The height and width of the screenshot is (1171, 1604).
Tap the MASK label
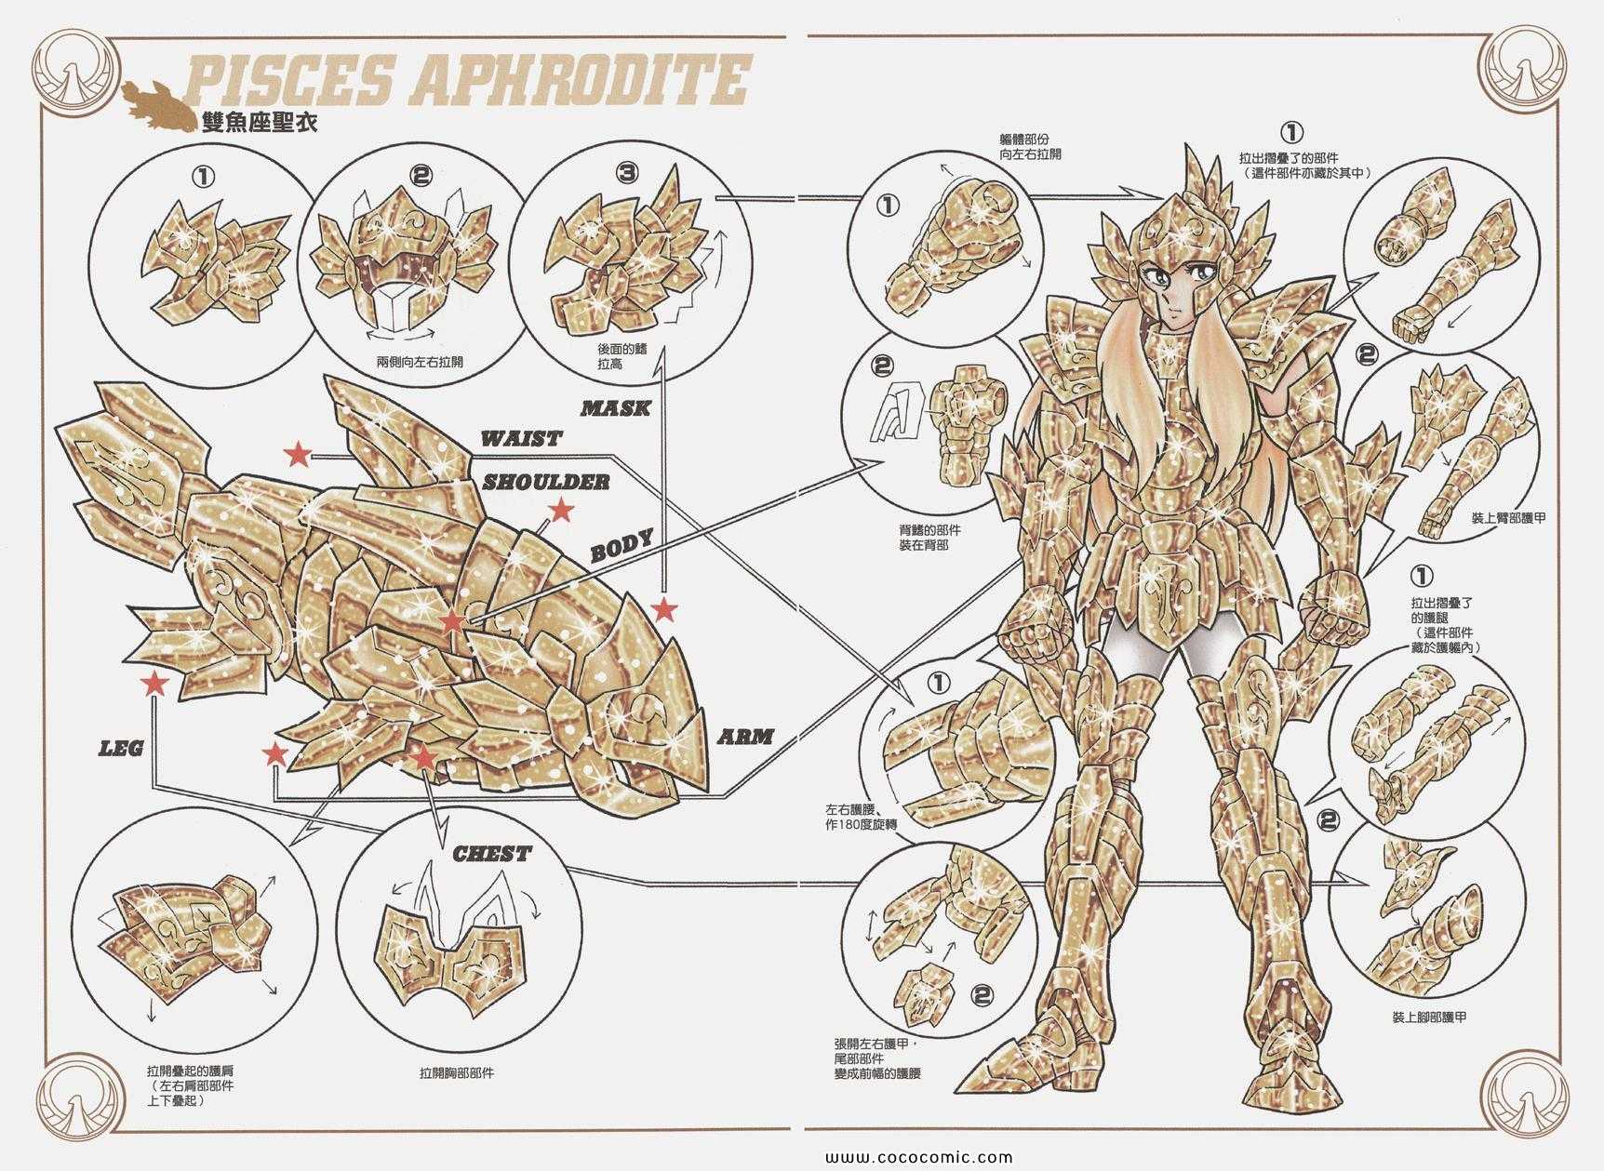coord(615,407)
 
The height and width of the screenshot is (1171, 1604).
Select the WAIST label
coord(522,438)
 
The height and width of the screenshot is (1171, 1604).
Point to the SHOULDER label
coord(546,482)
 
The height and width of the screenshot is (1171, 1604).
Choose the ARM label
coord(746,737)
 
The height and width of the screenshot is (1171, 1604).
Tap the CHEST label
coord(492,854)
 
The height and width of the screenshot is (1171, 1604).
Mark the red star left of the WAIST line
coord(298,454)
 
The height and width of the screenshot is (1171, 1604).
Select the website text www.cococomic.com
coord(905,1158)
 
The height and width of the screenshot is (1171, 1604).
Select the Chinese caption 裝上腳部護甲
coord(1429,1018)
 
